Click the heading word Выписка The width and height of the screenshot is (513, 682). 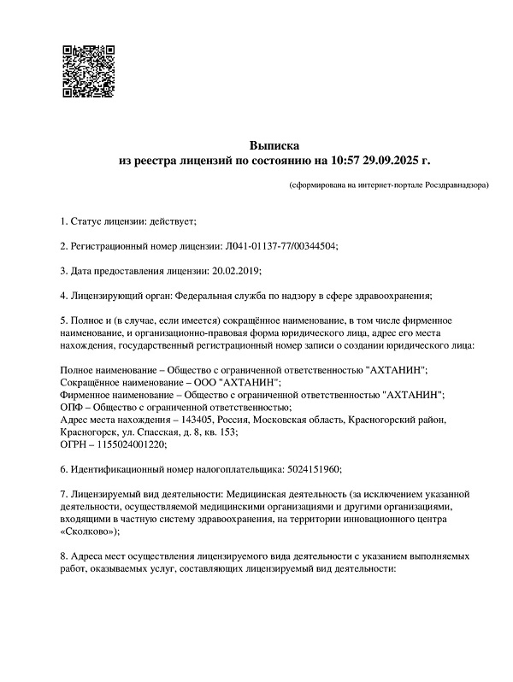click(x=274, y=144)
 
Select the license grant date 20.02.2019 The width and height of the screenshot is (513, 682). click(x=235, y=271)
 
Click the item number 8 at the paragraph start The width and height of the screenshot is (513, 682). click(x=62, y=556)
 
